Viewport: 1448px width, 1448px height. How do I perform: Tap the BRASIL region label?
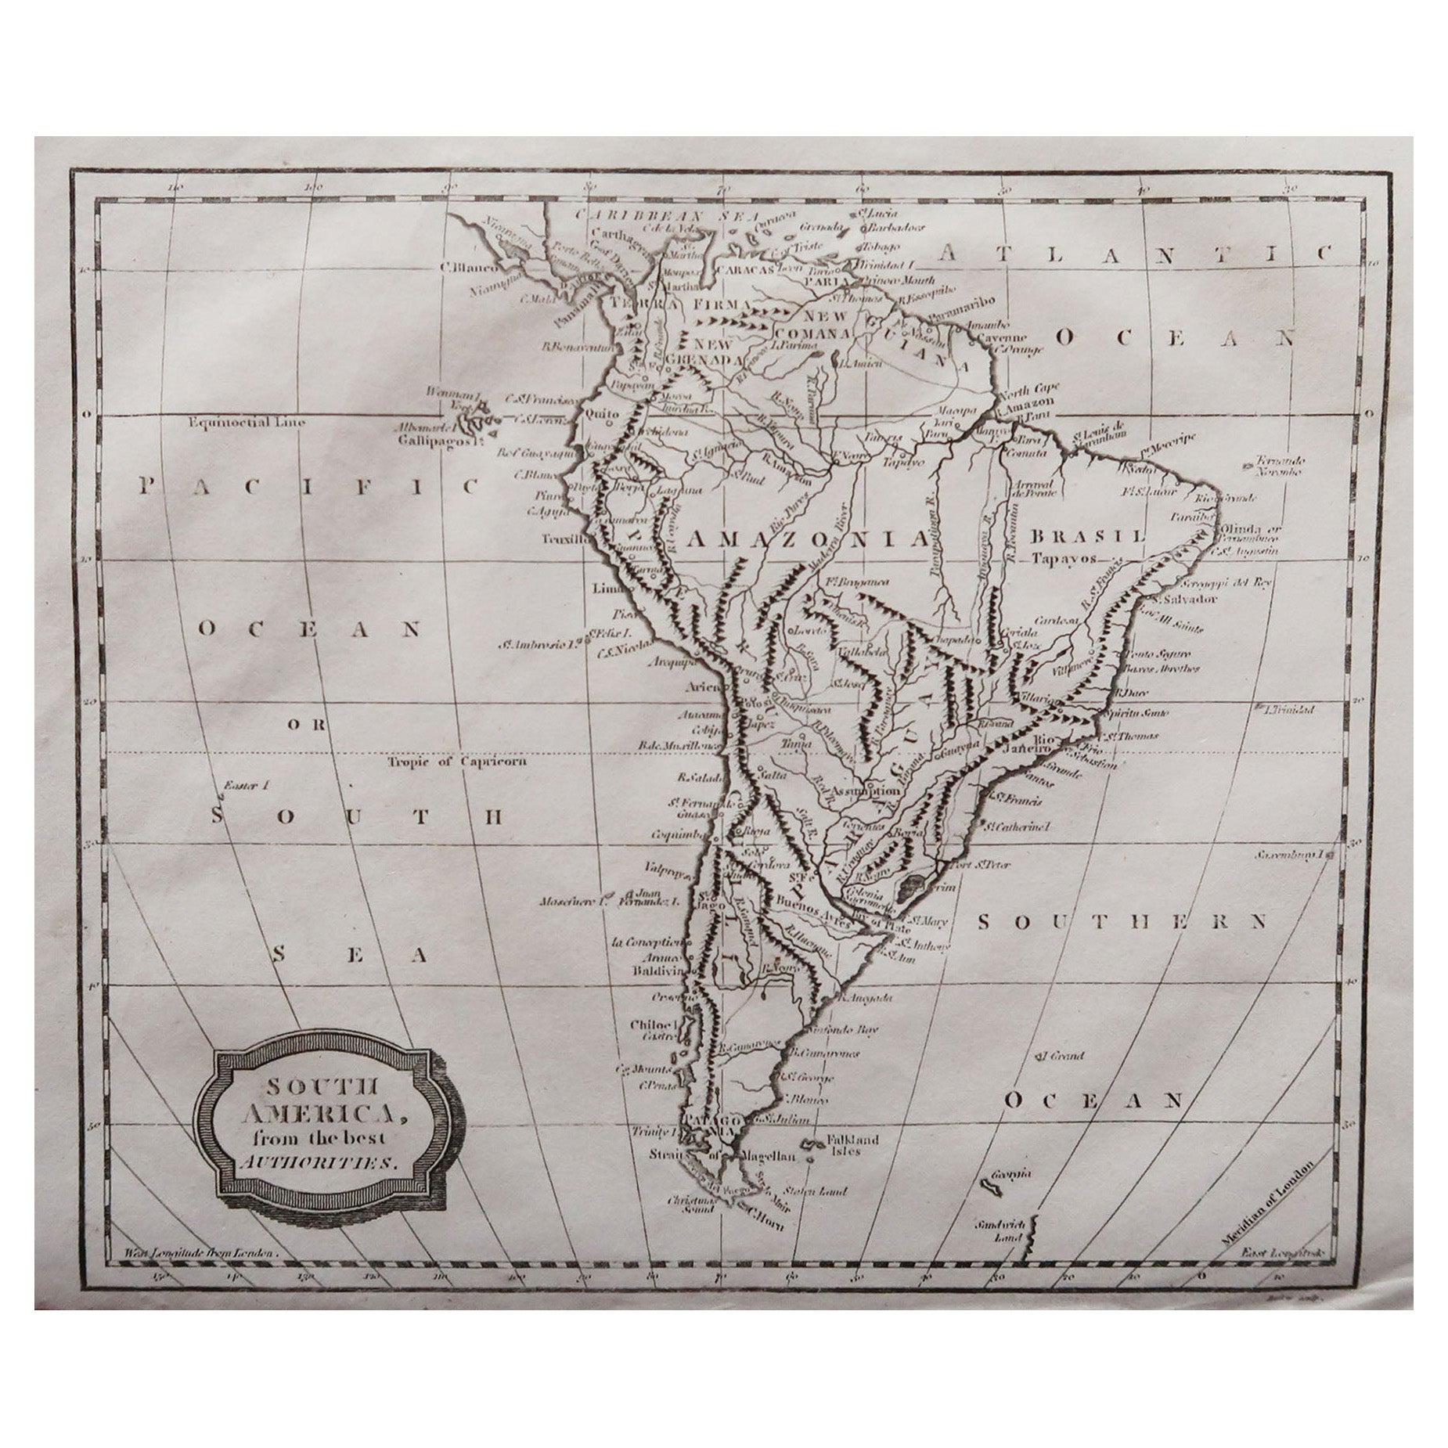pyautogui.click(x=1087, y=537)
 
